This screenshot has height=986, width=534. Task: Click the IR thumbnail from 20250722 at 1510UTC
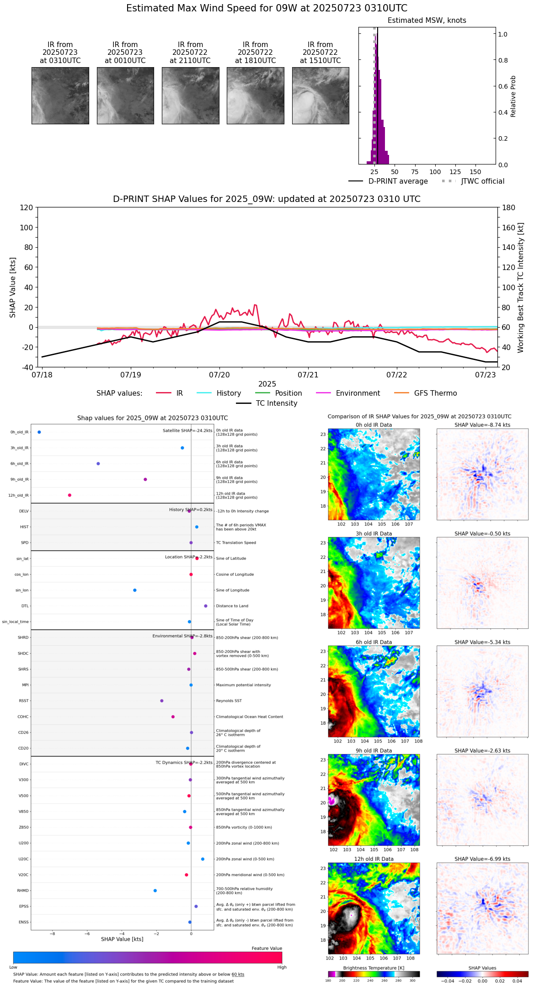320,95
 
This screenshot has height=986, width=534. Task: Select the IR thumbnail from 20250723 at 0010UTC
125,95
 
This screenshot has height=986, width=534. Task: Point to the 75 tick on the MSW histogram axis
415,172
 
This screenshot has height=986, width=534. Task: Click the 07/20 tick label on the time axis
219,375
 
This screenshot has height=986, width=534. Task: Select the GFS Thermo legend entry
435,393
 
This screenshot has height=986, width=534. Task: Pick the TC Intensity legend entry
276,403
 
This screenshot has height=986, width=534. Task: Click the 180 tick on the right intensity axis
509,208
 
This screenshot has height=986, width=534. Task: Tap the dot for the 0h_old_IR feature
39,432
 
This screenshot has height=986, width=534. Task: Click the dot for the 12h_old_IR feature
69,495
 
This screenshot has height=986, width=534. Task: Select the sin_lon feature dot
135,590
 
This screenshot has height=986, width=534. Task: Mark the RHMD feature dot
155,891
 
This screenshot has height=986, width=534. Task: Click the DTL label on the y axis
25,606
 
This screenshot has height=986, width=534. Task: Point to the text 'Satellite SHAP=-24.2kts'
187,431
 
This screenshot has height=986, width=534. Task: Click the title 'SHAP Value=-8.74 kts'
482,425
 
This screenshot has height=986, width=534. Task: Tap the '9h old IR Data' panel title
374,751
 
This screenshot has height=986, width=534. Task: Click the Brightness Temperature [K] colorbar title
374,968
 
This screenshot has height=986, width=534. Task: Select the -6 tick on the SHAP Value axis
87,933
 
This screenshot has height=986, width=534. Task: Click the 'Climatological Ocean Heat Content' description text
249,717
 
